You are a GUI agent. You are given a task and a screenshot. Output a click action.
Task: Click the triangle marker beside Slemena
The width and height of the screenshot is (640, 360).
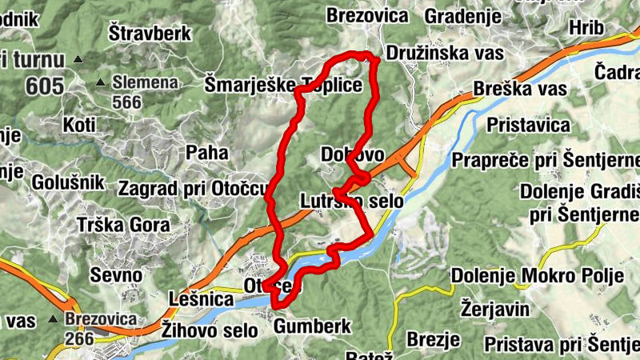pos(101,82)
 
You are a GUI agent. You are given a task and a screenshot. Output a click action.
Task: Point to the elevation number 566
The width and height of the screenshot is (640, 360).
pos(126,102)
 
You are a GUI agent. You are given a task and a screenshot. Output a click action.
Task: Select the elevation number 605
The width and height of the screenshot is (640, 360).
pos(44,86)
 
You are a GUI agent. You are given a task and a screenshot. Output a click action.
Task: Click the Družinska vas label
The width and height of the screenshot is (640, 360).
pos(444,54)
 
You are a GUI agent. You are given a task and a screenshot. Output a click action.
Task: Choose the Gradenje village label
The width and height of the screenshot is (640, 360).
pos(463,16)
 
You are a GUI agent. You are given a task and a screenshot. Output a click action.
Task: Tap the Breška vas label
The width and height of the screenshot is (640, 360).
pos(520,88)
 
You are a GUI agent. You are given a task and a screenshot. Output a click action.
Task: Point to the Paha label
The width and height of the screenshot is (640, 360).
pos(207,152)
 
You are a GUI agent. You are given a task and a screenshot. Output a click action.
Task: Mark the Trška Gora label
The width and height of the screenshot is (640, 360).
pos(124,225)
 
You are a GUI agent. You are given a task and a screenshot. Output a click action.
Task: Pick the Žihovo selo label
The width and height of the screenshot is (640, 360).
pos(210,329)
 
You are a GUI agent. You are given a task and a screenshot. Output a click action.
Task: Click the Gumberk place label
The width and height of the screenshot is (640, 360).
pos(313,326)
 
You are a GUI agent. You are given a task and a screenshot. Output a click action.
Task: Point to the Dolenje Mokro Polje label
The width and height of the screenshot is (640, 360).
pos(537,277)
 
